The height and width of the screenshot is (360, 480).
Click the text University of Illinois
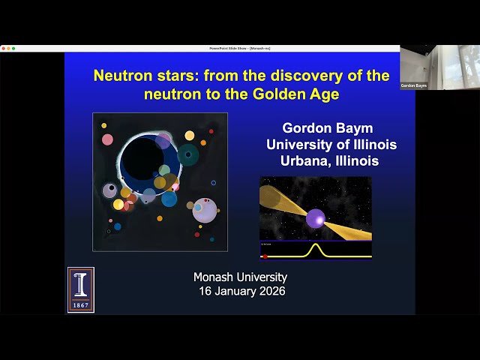tap(331, 145)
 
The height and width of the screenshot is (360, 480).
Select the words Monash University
tap(240, 277)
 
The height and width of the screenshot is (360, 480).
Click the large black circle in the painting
tap(142, 158)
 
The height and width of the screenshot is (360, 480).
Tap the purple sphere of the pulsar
tap(315, 218)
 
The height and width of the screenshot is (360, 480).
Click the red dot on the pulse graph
tap(265, 256)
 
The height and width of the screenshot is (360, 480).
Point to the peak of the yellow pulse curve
tap(316, 245)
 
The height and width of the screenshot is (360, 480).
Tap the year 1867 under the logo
tap(80, 305)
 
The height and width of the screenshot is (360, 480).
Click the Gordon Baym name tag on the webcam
tap(413, 85)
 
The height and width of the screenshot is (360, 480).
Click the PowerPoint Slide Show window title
tap(240, 48)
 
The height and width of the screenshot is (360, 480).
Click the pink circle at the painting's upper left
tap(108, 139)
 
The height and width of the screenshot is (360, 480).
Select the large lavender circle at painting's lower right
tap(205, 211)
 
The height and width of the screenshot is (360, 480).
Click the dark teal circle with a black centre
tap(188, 155)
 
